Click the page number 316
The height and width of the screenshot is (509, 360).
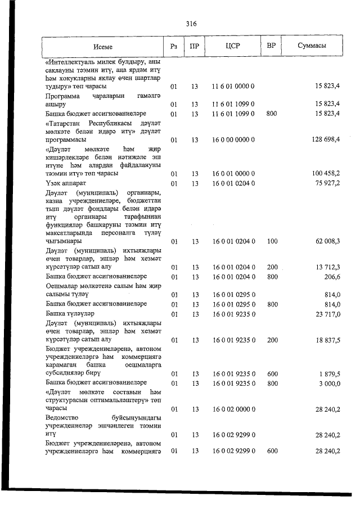tap(191, 24)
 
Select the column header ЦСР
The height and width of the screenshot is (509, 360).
tap(233, 47)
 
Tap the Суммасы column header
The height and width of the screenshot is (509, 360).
tap(312, 47)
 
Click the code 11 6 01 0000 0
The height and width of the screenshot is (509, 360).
tap(233, 87)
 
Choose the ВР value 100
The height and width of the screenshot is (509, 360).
tap(272, 241)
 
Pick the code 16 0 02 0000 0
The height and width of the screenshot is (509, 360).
tap(233, 409)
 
